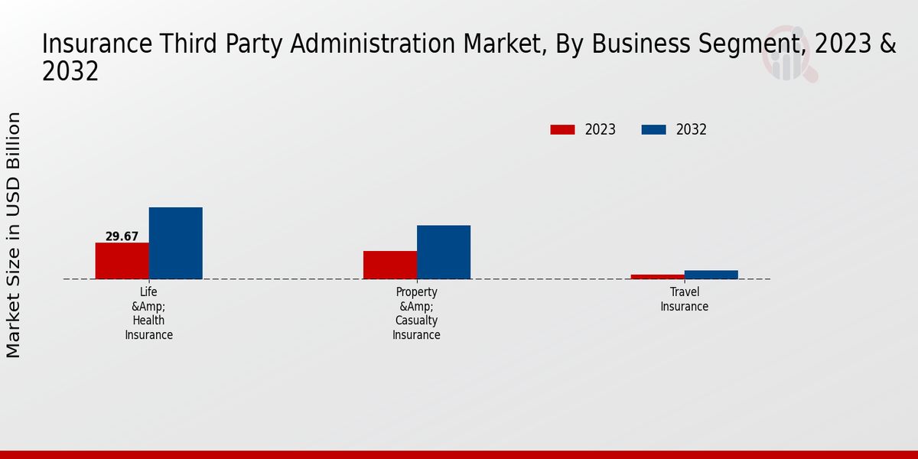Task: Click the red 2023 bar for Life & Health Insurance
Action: coord(122,261)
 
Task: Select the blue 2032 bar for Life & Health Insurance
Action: coord(175,243)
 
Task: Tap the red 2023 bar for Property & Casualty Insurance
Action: coord(390,265)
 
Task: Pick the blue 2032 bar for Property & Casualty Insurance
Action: coord(444,252)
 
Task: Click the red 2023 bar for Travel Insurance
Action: coord(658,276)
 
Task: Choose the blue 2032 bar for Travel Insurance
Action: coord(711,275)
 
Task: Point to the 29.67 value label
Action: coord(122,236)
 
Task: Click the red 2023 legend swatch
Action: coord(562,130)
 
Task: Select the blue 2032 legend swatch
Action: coord(653,130)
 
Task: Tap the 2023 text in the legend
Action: coord(601,130)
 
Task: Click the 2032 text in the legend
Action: coord(692,130)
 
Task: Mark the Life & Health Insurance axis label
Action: coord(149,314)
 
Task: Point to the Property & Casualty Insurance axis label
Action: coord(417,314)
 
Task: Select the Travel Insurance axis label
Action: coord(685,299)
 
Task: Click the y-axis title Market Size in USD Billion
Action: coord(14,235)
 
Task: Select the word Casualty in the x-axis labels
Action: coord(417,321)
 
